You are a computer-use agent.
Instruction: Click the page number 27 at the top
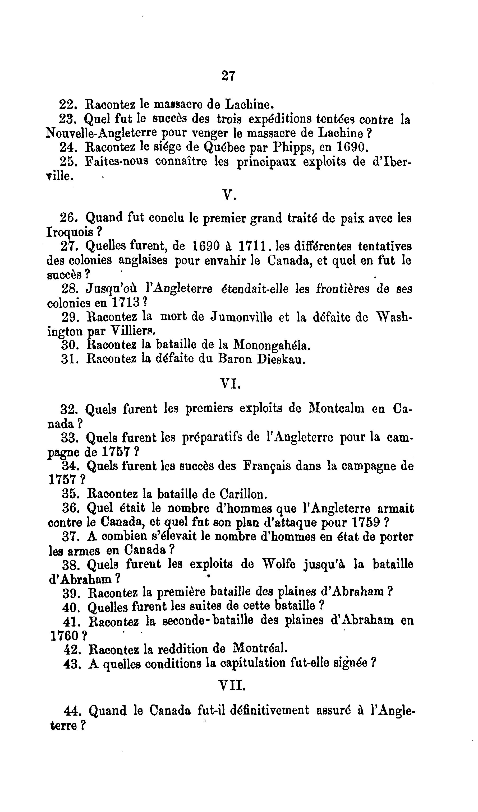coord(228,76)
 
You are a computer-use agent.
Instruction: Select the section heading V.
coord(229,195)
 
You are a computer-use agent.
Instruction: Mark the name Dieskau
coord(281,359)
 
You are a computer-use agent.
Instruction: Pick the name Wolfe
coord(279,564)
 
